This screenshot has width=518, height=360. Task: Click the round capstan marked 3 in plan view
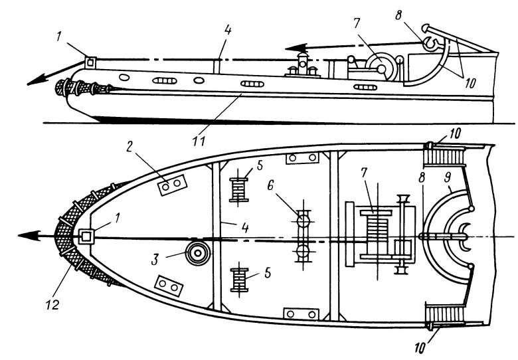tap(196, 253)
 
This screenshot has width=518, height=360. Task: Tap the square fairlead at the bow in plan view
tap(84, 236)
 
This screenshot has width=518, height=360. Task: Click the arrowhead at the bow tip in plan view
tap(28, 236)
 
